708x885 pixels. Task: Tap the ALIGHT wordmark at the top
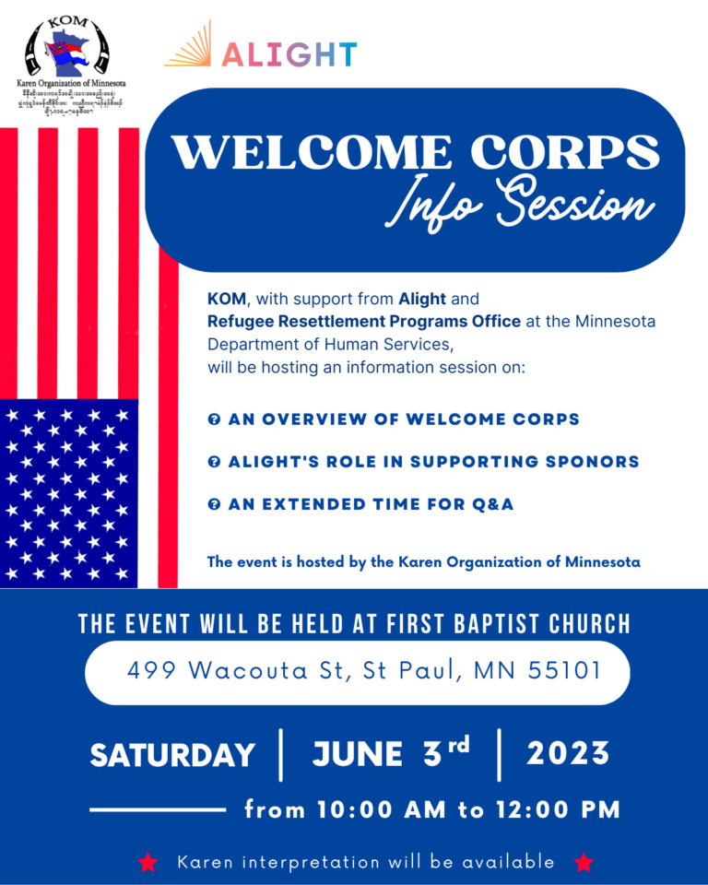click(289, 53)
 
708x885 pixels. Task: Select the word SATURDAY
click(172, 756)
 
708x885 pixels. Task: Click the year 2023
click(568, 754)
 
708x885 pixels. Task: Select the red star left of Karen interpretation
click(147, 863)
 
